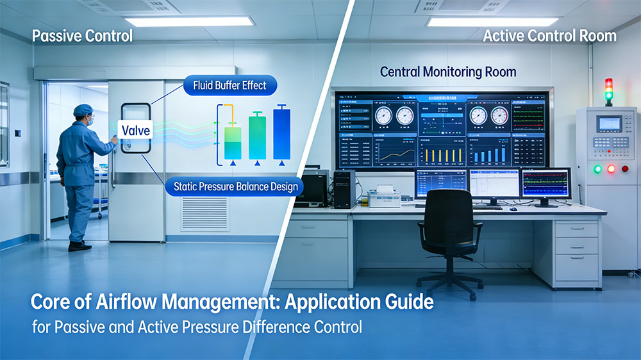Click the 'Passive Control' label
coord(82,36)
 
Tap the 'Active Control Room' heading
coord(549,36)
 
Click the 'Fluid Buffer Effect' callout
coord(229,85)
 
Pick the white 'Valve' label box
coord(135,131)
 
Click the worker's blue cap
coord(83,110)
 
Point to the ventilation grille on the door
coord(204,214)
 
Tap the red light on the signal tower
coord(608,83)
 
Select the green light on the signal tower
coord(608,97)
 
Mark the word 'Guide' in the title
coord(407,301)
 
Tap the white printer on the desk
coord(385,197)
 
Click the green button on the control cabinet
coord(597,169)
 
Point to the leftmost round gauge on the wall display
coord(383,116)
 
